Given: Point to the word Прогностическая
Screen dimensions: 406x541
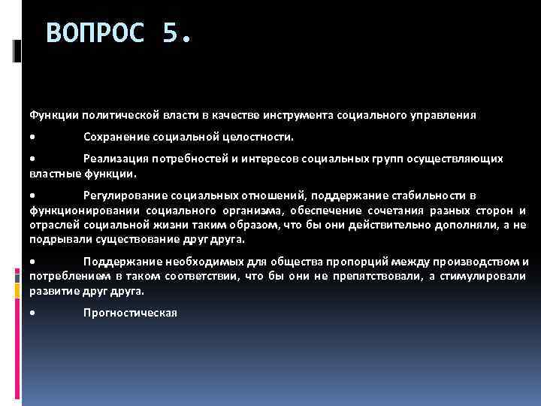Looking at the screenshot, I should pos(129,312).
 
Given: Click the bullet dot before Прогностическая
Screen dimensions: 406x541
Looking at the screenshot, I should pos(32,313).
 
